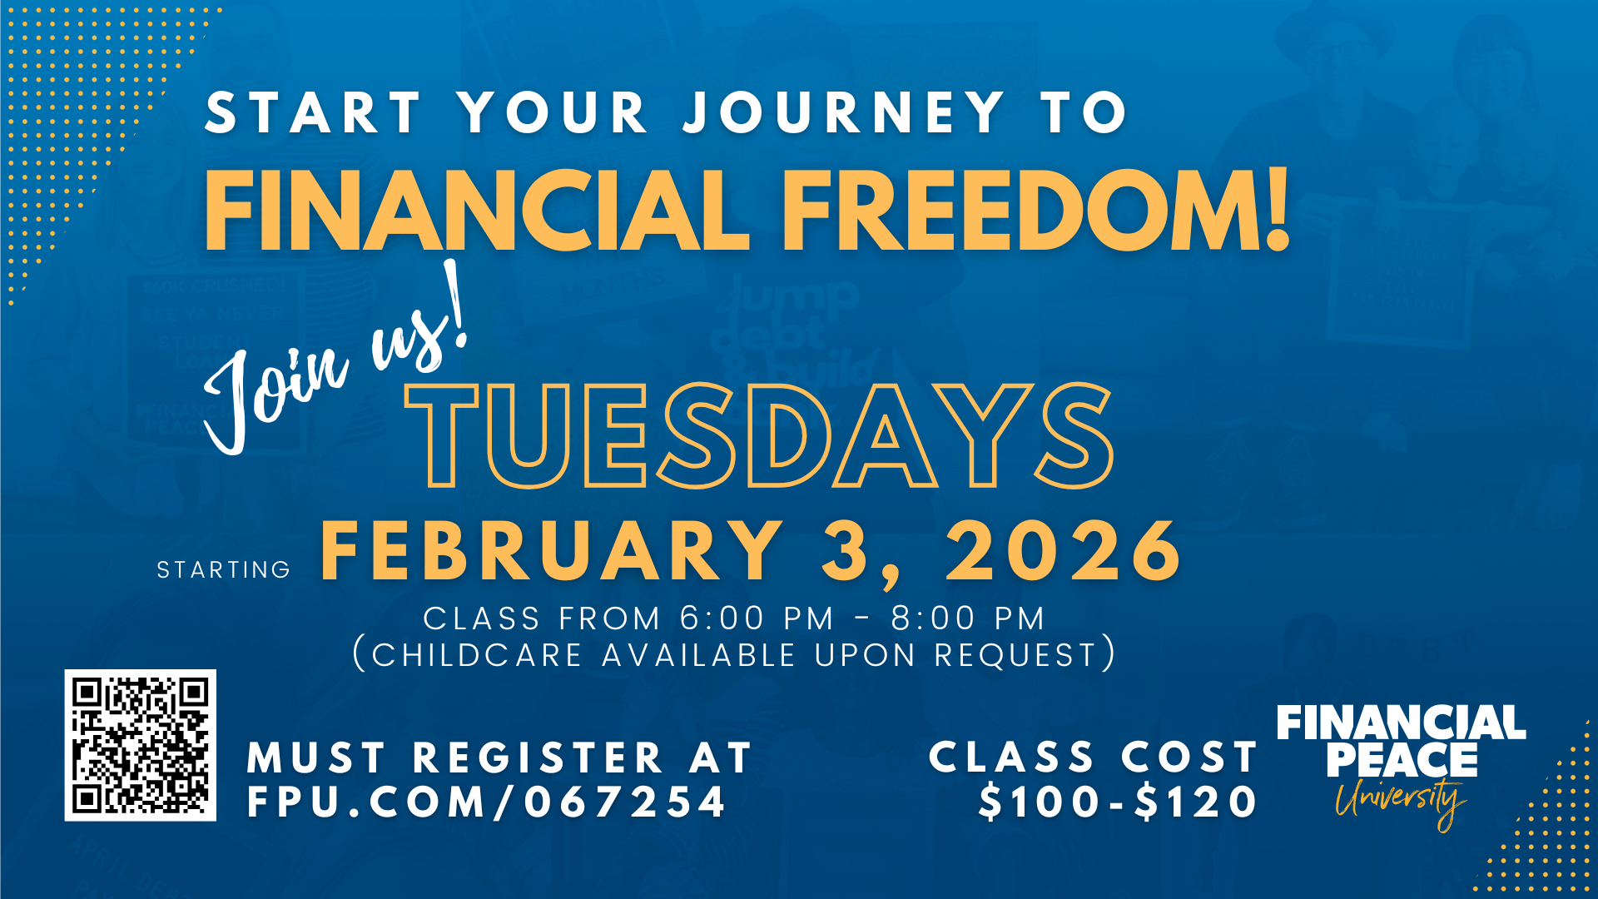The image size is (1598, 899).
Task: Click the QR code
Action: tap(141, 745)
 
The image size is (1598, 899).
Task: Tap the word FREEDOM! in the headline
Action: tap(1035, 210)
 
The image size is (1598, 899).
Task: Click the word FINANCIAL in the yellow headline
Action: tap(478, 210)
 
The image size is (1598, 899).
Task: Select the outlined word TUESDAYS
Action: tap(759, 435)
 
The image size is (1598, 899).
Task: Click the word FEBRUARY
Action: tap(552, 550)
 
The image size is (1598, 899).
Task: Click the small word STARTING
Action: tap(224, 569)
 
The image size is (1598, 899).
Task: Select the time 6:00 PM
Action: tap(757, 618)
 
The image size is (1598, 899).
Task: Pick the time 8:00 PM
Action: tap(968, 618)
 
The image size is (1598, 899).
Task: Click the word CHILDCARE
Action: tap(477, 655)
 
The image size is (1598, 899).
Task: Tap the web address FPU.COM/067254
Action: tap(487, 802)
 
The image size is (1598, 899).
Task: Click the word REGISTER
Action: tap(538, 757)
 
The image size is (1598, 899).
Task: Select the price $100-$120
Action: tap(1118, 802)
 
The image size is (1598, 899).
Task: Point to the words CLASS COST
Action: tap(1093, 757)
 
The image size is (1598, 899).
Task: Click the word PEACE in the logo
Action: tap(1402, 760)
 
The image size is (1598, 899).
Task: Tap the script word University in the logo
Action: tap(1401, 801)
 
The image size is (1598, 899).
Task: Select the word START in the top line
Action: tap(313, 112)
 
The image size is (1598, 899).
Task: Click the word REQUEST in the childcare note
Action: tap(1015, 655)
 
